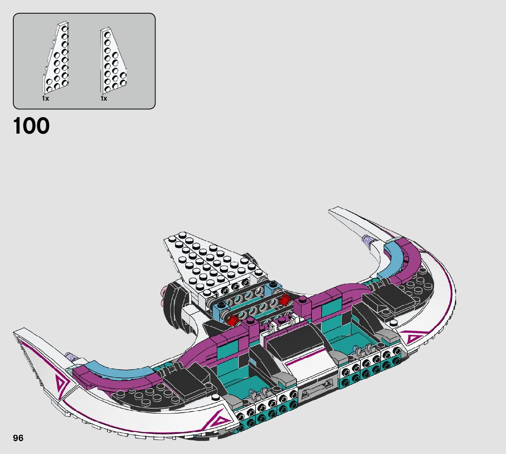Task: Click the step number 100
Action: (x=31, y=126)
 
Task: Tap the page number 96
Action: (x=18, y=438)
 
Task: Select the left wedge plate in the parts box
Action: (x=56, y=58)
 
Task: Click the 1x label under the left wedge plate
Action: (x=45, y=98)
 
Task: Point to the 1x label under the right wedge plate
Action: (x=103, y=98)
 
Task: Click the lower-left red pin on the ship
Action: (x=233, y=320)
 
